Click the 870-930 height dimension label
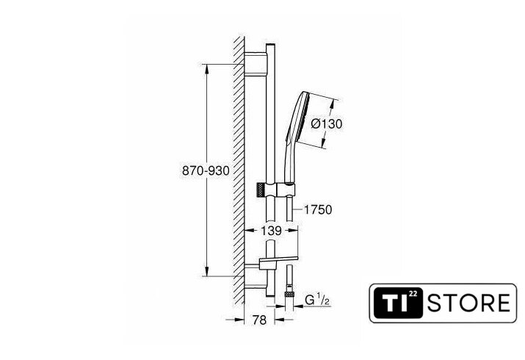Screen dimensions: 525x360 [206, 170]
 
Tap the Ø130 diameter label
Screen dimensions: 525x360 [327, 124]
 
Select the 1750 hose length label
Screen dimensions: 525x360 [318, 209]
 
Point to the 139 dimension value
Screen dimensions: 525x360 [271, 231]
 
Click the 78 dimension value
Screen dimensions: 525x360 [259, 320]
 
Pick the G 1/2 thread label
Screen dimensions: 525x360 [317, 300]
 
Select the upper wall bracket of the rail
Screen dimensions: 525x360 [256, 64]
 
